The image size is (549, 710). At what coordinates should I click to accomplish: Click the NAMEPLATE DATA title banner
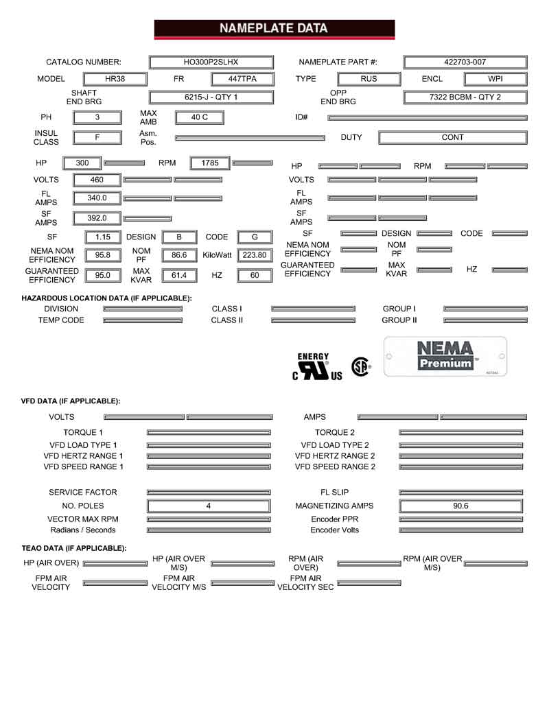click(x=274, y=29)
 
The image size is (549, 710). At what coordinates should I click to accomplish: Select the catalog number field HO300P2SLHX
click(x=211, y=62)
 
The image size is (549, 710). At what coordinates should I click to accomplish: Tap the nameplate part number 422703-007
click(x=465, y=62)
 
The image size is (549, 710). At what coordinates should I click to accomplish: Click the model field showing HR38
click(x=115, y=79)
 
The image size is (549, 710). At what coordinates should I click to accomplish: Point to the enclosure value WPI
click(x=495, y=79)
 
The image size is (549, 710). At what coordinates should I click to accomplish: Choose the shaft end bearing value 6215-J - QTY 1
click(x=211, y=97)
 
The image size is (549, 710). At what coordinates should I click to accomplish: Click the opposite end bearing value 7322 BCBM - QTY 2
click(x=465, y=97)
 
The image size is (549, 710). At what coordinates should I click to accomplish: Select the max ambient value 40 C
click(x=199, y=117)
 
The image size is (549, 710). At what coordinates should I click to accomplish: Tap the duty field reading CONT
click(x=453, y=137)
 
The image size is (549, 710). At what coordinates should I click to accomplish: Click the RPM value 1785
click(x=210, y=163)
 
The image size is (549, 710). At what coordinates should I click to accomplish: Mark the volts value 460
click(x=97, y=180)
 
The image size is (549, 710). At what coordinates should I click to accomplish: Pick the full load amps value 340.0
click(x=97, y=198)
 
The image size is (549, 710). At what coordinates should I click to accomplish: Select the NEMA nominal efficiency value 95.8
click(x=102, y=255)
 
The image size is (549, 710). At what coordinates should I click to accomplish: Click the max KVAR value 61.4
click(x=178, y=275)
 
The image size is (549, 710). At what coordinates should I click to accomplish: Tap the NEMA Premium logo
click(x=445, y=356)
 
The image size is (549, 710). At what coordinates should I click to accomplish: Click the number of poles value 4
click(x=209, y=506)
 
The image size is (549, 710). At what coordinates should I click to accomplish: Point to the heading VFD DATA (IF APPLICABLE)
click(x=71, y=401)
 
